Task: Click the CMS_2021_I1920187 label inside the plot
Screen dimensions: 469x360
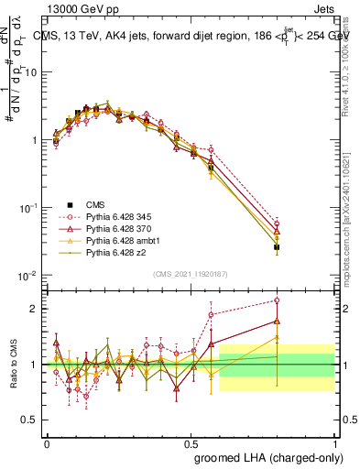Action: (x=191, y=273)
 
